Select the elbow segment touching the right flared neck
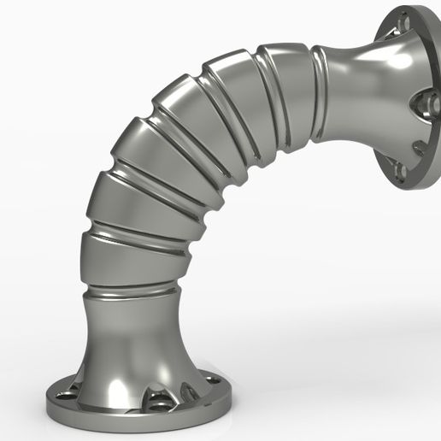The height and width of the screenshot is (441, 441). tap(295, 90)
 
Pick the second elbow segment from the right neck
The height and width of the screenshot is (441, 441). tap(248, 98)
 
